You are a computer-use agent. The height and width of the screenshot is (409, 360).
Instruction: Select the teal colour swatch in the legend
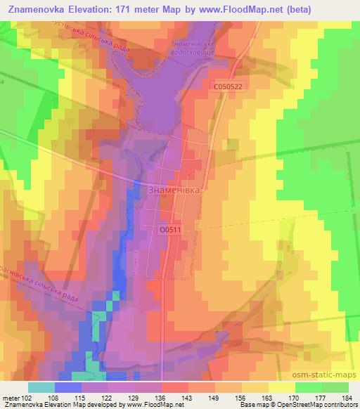click(41, 387)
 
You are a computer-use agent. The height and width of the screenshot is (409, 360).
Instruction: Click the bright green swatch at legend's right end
click(335, 387)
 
